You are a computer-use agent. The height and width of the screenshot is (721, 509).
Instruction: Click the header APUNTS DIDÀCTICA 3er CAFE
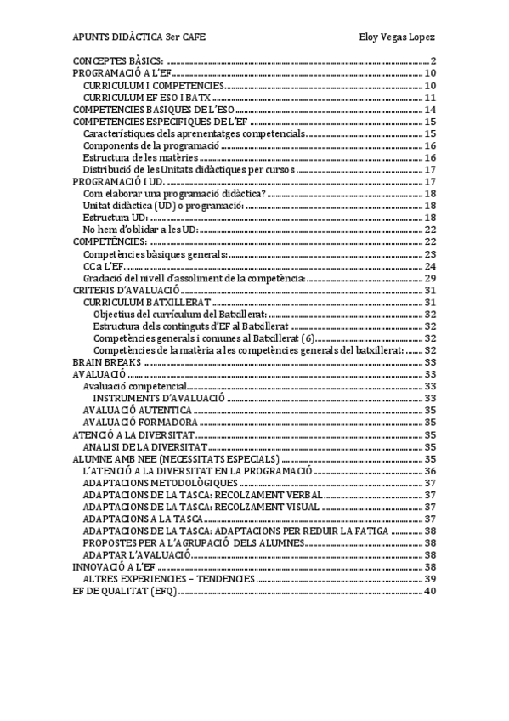[x=139, y=37]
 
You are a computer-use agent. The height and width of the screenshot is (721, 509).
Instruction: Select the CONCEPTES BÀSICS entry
[x=118, y=61]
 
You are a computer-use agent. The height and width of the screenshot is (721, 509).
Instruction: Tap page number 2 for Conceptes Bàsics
[x=433, y=61]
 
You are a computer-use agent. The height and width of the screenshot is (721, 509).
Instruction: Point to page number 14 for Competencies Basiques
[x=430, y=110]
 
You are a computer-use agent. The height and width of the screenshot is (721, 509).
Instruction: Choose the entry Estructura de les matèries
[x=141, y=157]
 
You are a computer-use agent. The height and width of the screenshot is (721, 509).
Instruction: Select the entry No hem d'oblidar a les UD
[x=142, y=230]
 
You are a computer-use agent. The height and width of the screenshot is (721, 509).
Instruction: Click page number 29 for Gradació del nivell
[x=430, y=278]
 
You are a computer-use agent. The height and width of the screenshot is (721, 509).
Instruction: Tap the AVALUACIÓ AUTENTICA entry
[x=137, y=410]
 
